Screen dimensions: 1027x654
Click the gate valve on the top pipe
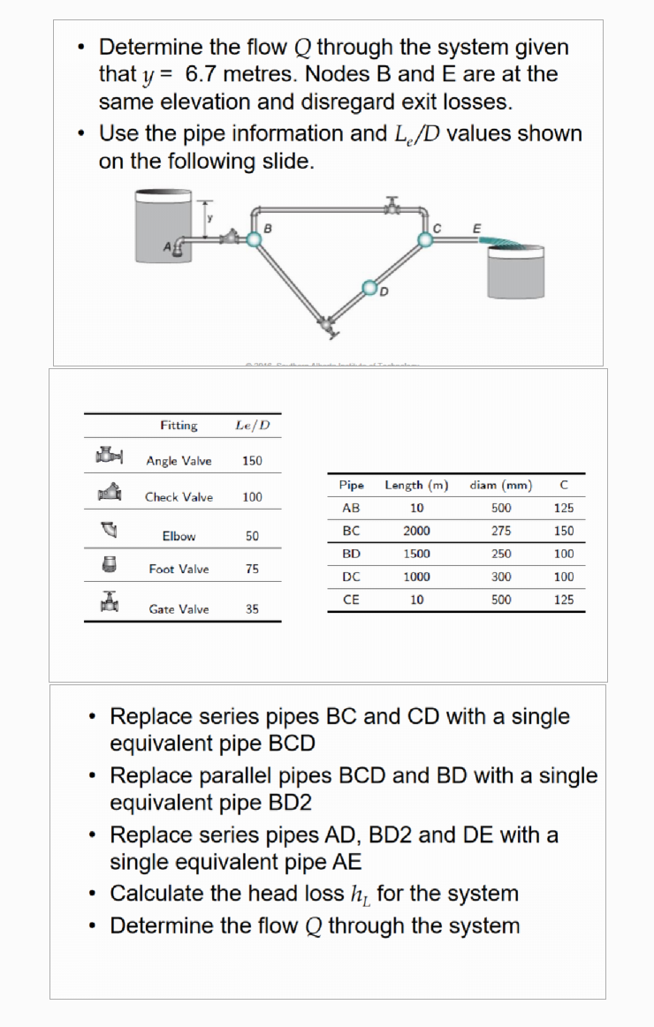[391, 207]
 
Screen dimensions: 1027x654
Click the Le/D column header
[253, 426]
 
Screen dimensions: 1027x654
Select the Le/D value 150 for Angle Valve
[252, 461]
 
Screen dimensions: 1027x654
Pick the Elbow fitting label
[179, 536]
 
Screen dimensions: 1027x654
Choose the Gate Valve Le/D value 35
[252, 609]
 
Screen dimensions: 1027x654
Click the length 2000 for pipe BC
[416, 531]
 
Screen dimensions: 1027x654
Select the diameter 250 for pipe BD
[501, 554]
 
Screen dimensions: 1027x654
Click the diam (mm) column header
[500, 485]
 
